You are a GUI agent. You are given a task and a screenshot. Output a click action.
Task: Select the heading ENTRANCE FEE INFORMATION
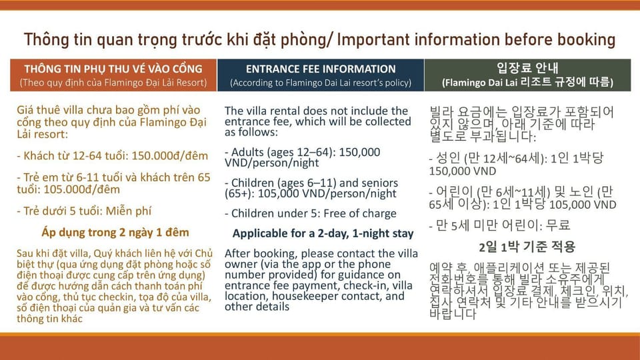321,69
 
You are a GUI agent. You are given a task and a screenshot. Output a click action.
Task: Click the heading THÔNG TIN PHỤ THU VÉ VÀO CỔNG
113,69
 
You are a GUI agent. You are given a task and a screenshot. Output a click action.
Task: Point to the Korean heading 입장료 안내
527,68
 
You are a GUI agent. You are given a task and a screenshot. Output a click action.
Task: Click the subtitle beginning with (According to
321,83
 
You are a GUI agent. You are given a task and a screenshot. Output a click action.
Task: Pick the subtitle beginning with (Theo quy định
113,83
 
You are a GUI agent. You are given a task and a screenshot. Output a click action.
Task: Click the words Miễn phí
129,211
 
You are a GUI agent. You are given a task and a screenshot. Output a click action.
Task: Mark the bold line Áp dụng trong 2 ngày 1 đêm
115,233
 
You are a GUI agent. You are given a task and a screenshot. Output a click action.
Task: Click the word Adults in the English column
247,152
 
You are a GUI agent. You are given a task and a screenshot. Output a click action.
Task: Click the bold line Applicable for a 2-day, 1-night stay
323,233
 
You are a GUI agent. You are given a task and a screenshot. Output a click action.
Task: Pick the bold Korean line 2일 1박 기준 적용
527,247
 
